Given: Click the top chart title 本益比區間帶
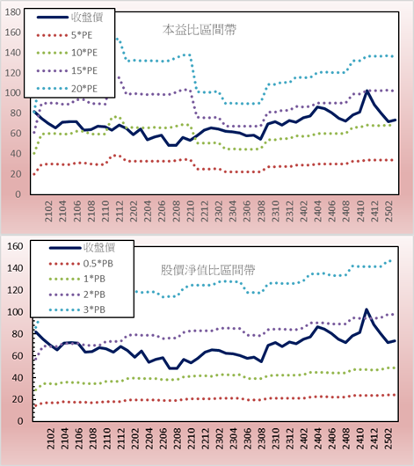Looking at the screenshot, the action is tap(200, 30).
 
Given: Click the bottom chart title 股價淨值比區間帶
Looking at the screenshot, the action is tap(207, 270).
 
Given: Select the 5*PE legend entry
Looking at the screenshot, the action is tap(64, 35).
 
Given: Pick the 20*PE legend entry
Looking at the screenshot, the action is tap(67, 89).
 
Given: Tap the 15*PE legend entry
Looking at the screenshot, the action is tap(67, 70).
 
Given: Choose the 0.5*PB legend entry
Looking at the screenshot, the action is tap(81, 264).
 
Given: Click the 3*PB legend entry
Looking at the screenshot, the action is tap(77, 309).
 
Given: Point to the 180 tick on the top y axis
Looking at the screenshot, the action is tap(13, 12).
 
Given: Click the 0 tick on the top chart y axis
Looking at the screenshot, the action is tap(18, 194).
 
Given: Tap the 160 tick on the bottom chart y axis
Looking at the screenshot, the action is tap(15, 246).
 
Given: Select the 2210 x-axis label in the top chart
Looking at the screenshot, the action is tap(190, 211).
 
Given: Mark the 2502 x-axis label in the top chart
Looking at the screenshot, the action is tap(389, 211).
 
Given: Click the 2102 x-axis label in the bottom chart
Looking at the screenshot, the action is tap(51, 439).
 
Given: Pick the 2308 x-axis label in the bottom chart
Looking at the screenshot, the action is tap(262, 439).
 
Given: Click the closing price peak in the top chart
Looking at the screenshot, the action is tap(367, 91).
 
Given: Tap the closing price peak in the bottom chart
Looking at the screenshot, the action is tap(367, 309).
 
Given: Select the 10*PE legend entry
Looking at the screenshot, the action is tap(67, 53).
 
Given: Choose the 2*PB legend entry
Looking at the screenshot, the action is tap(77, 295).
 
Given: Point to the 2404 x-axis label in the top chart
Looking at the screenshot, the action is tap(317, 211).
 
